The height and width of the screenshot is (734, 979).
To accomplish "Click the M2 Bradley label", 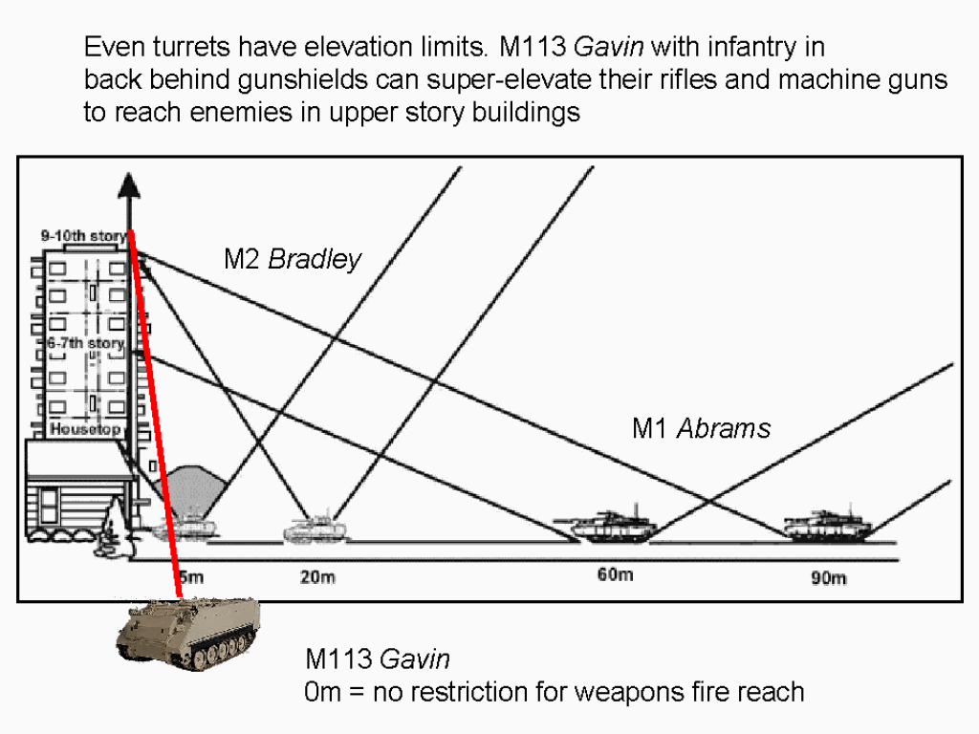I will click(293, 259).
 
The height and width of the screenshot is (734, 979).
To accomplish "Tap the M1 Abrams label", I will click(701, 427).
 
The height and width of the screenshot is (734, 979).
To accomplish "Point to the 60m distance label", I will click(615, 574).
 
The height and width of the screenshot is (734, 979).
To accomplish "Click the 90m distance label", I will click(829, 578).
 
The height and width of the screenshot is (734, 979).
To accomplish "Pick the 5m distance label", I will click(189, 576).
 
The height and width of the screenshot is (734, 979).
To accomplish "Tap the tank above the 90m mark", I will click(825, 524).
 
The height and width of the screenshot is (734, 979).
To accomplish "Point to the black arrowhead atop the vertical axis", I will click(130, 183).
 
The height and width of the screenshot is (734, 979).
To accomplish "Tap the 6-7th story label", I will click(85, 342).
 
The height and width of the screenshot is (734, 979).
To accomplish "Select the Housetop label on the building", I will click(85, 429).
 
